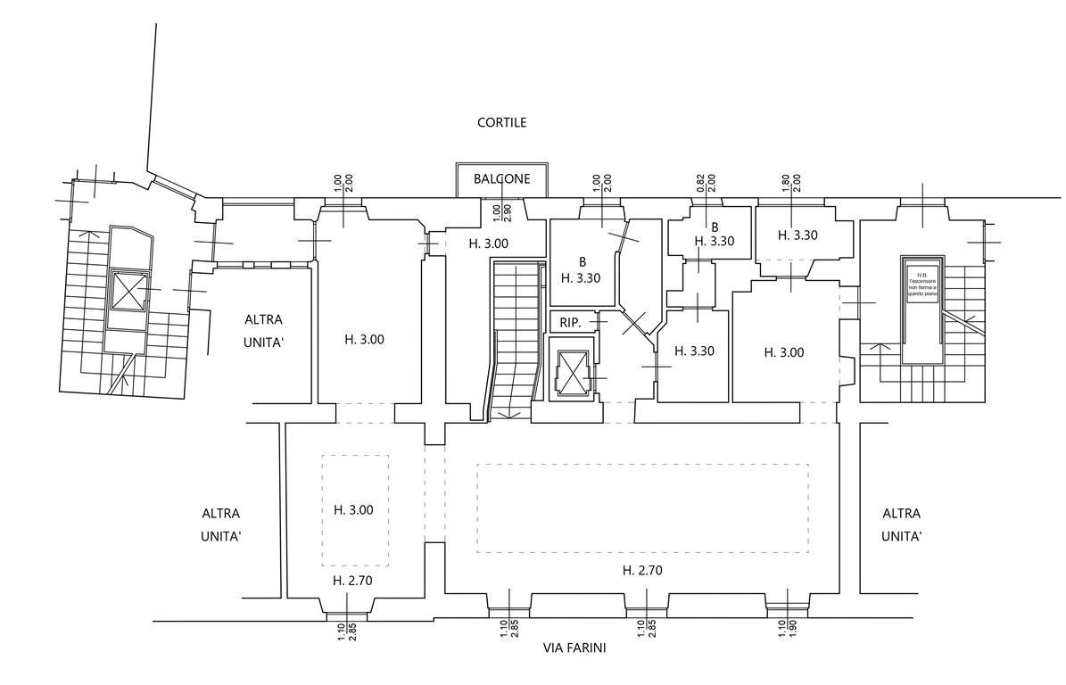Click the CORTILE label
click(502, 122)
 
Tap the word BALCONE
click(502, 178)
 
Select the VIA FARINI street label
click(574, 648)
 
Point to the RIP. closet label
click(570, 322)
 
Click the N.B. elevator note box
click(921, 285)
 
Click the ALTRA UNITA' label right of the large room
click(901, 524)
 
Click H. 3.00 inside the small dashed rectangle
click(353, 510)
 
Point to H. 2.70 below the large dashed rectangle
click(642, 570)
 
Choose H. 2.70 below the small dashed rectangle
click(352, 580)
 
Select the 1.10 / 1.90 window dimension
click(787, 628)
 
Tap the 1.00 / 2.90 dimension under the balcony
click(503, 213)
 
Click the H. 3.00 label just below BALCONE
click(489, 243)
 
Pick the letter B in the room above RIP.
click(582, 262)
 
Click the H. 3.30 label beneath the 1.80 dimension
click(797, 236)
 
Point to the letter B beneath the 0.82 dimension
click(715, 227)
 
